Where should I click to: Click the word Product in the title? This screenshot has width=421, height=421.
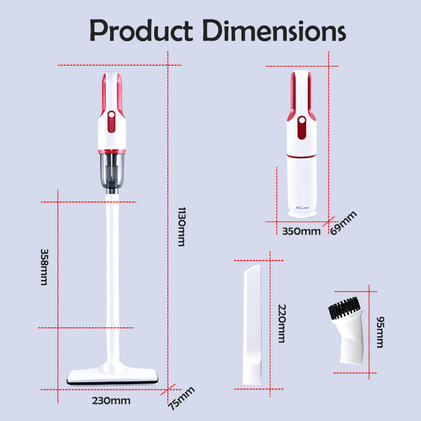[x=141, y=31]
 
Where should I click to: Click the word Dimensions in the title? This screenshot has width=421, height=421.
[x=274, y=31]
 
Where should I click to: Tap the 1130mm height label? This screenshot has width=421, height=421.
[x=182, y=227]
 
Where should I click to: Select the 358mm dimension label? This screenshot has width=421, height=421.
[x=44, y=267]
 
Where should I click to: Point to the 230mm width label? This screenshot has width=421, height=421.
[x=111, y=400]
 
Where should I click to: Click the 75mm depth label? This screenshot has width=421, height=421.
[x=182, y=398]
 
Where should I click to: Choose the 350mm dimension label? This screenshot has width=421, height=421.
[x=301, y=231]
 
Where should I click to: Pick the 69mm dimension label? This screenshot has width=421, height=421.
[x=344, y=223]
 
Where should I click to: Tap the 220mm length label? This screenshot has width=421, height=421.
[x=282, y=323]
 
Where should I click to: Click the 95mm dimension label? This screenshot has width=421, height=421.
[x=380, y=332]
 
